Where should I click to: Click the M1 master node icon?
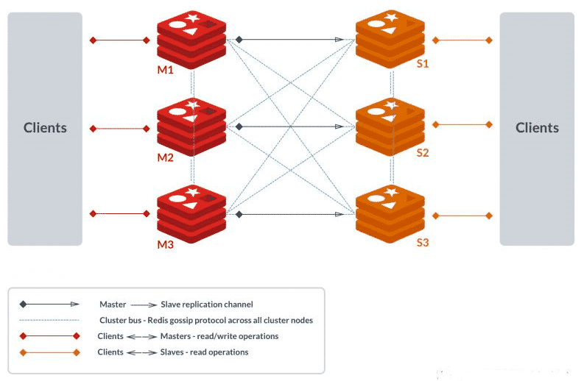pos(191,39)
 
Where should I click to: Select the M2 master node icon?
pos(191,126)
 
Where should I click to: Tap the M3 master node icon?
pos(191,213)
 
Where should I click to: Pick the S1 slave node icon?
pos(389,39)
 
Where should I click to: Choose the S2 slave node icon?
pos(389,126)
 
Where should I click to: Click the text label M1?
pos(165,71)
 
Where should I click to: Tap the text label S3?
pos(422,242)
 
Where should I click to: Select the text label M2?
pos(165,157)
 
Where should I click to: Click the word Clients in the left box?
pos(45,128)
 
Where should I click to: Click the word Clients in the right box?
pos(537,128)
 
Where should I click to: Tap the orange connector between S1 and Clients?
pos(462,40)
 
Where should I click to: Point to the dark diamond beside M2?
pos(239,127)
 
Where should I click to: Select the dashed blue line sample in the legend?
pos(49,320)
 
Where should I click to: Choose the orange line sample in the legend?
pos(49,352)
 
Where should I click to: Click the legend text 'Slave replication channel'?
pos(207,304)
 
